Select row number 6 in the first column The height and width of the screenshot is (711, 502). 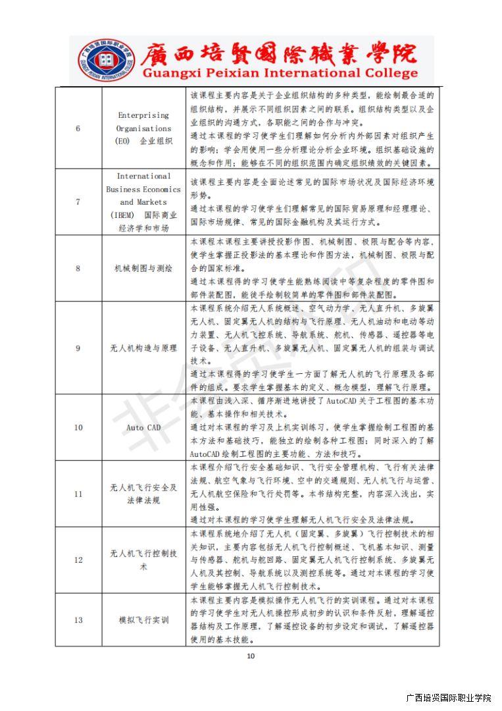78,128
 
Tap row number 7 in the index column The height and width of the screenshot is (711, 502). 78,202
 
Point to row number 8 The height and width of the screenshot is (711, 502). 78,268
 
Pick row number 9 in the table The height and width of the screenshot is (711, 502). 78,348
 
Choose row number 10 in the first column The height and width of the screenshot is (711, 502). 78,427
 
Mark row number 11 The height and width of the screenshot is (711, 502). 78,494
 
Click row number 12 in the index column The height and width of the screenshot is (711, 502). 78,560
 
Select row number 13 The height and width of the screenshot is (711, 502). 78,619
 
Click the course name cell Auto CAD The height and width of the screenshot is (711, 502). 143,427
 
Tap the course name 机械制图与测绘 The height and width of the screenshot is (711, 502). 143,268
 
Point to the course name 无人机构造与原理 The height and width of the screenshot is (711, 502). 143,348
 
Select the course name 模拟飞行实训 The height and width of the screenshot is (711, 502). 143,619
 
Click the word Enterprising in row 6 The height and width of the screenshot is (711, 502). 143,115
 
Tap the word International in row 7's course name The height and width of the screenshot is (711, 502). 143,176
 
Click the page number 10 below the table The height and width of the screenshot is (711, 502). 250,656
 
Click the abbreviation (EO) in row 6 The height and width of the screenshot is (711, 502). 122,142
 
